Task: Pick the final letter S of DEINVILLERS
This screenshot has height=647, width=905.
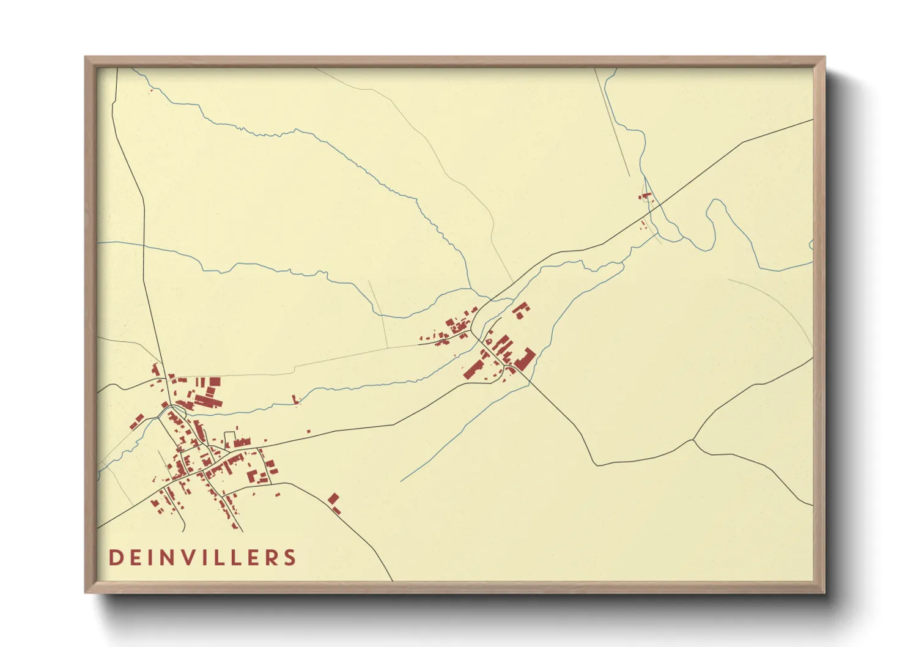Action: coord(290,558)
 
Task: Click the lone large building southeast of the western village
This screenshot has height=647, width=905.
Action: coord(333,500)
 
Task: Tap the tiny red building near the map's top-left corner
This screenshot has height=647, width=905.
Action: coord(151,91)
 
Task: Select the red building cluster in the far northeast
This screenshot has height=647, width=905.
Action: coord(646,196)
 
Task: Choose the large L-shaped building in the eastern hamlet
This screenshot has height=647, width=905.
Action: coord(525,358)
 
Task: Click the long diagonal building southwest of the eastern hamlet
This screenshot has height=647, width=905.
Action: coord(473,369)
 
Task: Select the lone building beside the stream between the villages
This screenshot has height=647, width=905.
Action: coord(297,399)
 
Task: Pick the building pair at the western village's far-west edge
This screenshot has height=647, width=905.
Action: coord(136,421)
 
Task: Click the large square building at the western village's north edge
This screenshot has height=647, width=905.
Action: coord(215,382)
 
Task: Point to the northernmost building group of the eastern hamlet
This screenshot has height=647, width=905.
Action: coord(520,310)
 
